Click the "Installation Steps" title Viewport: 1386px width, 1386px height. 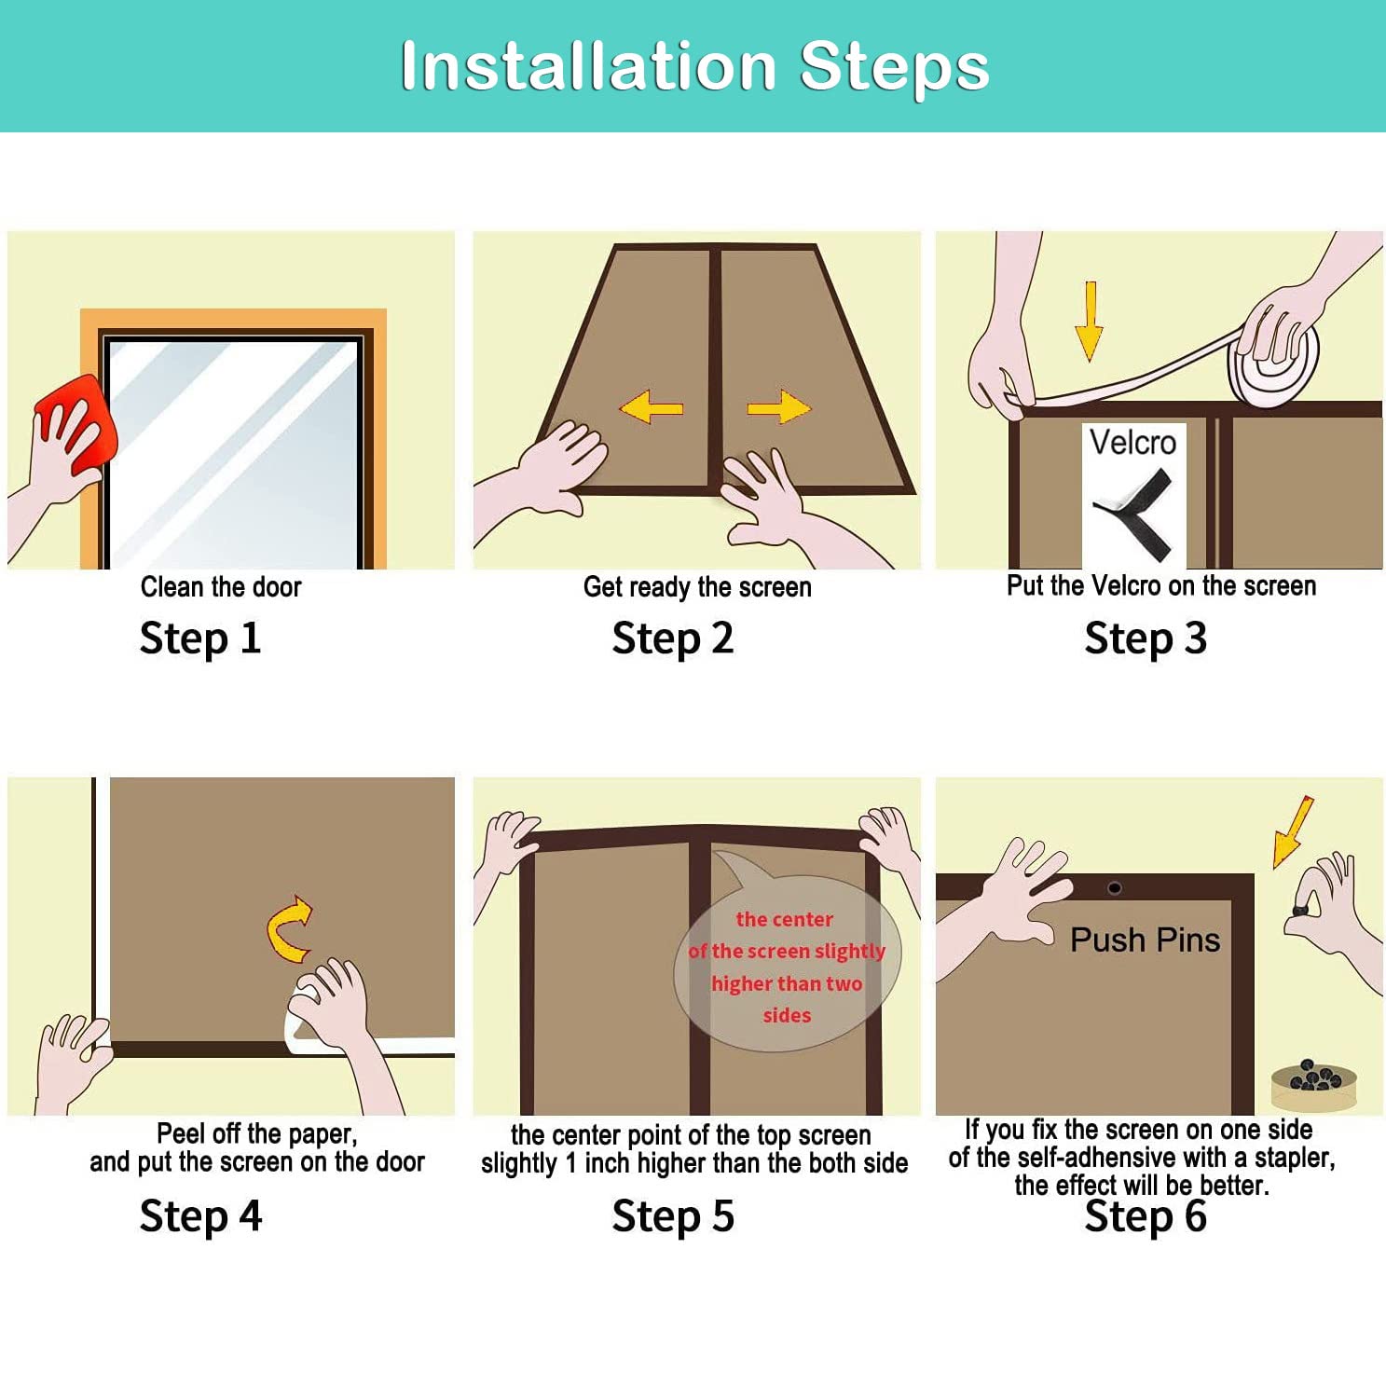pyautogui.click(x=694, y=66)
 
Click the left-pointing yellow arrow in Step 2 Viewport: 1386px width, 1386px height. pyautogui.click(x=651, y=407)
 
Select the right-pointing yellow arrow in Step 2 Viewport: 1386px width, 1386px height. pyautogui.click(x=778, y=407)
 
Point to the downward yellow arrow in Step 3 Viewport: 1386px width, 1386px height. pyautogui.click(x=1089, y=320)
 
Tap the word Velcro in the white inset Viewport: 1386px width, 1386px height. pyautogui.click(x=1132, y=442)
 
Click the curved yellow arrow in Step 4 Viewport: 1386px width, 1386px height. pyautogui.click(x=290, y=929)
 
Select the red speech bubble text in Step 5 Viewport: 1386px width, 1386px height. pyautogui.click(x=786, y=967)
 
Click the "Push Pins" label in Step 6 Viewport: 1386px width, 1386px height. pyautogui.click(x=1145, y=940)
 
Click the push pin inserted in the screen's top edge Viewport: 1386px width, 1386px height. pyautogui.click(x=1115, y=887)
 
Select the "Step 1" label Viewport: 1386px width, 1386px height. pyautogui.click(x=200, y=638)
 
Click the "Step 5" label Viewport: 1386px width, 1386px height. pyautogui.click(x=673, y=1216)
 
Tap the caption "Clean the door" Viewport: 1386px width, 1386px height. pyautogui.click(x=221, y=587)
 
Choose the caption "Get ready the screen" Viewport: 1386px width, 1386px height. pyautogui.click(x=697, y=587)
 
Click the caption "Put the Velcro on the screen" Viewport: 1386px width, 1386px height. pyautogui.click(x=1161, y=585)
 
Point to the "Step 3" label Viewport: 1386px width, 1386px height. pyautogui.click(x=1146, y=638)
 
